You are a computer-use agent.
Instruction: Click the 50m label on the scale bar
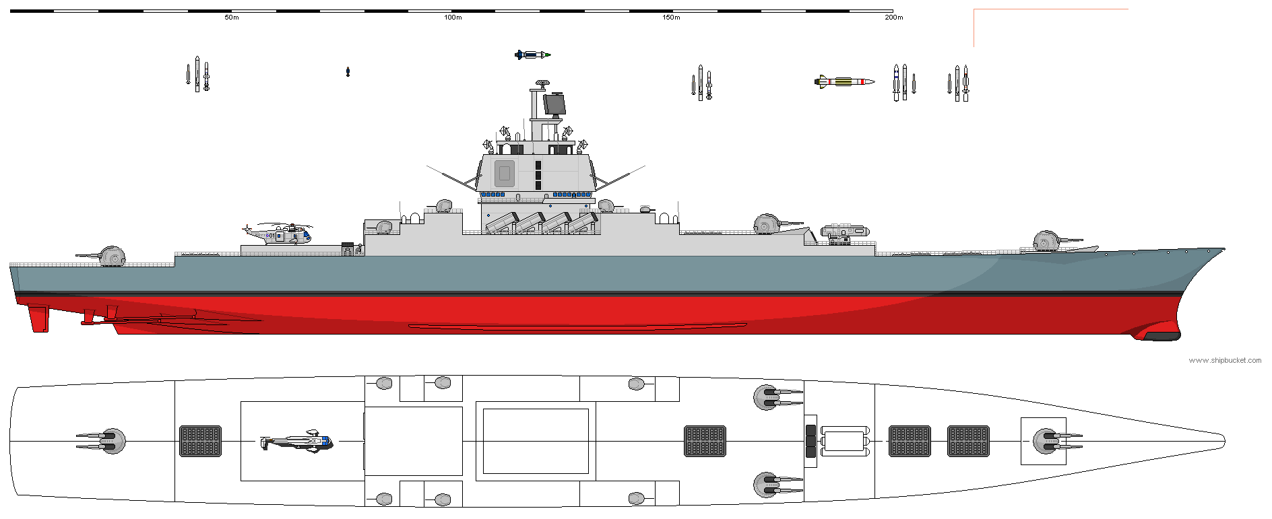point(231,18)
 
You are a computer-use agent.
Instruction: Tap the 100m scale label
point(453,18)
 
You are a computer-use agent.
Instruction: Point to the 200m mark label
point(893,18)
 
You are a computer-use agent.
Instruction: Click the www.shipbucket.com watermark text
point(1225,361)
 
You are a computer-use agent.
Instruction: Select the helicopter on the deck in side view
point(279,234)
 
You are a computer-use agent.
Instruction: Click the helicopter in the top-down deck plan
point(296,442)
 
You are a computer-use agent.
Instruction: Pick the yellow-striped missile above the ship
point(844,81)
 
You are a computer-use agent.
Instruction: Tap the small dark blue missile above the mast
point(532,55)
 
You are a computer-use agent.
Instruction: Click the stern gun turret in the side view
point(111,256)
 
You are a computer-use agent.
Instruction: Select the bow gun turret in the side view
point(1048,240)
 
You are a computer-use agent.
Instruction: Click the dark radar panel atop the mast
point(554,104)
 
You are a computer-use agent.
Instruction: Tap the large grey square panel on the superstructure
point(504,173)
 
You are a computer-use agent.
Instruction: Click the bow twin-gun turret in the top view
point(1046,441)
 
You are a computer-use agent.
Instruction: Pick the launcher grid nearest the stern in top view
point(201,442)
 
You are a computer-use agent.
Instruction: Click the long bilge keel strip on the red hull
point(577,326)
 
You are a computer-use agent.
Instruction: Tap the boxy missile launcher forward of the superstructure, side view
point(845,233)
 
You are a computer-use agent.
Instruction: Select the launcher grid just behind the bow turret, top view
point(968,441)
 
